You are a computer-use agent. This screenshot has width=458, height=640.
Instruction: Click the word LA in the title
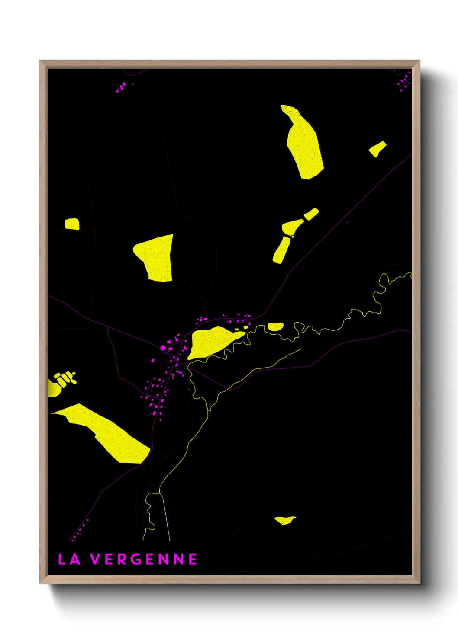69,559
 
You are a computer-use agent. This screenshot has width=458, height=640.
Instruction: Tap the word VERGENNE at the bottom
144,559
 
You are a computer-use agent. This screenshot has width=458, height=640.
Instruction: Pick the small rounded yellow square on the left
72,224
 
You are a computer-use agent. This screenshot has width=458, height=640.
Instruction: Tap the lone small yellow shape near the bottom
284,520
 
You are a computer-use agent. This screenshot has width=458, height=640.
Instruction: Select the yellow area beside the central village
212,342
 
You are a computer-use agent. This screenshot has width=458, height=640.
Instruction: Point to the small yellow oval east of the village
275,326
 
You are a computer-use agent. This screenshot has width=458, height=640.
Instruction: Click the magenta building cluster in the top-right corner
404,81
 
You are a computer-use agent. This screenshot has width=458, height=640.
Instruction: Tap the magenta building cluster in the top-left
121,87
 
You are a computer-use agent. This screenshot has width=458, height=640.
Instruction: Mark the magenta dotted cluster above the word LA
79,530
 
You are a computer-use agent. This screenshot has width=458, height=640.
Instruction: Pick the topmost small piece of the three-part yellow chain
311,214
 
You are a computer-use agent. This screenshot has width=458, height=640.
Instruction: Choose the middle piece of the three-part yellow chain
292,227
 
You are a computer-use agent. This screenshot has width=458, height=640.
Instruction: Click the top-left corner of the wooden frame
41,61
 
